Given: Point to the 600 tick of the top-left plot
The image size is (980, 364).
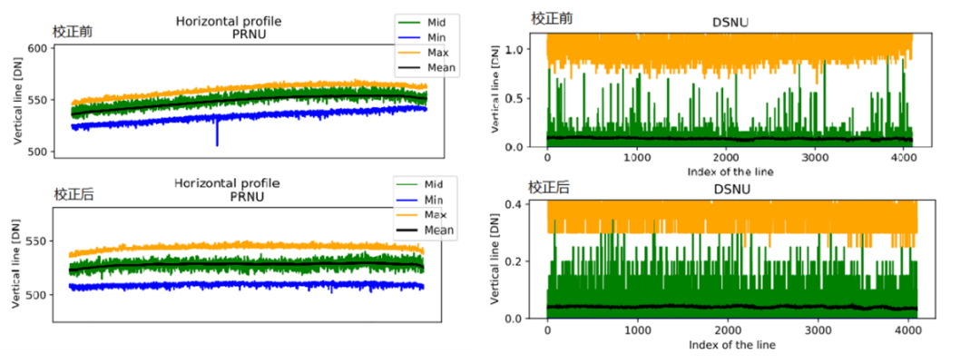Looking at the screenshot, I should click(x=35, y=48).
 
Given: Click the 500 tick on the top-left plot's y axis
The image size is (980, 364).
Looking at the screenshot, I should click(x=35, y=152).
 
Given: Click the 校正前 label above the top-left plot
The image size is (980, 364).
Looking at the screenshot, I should click(x=73, y=32).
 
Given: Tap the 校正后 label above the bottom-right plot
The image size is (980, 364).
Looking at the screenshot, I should click(x=550, y=187).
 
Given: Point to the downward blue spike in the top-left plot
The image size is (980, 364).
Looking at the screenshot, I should click(x=217, y=140).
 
